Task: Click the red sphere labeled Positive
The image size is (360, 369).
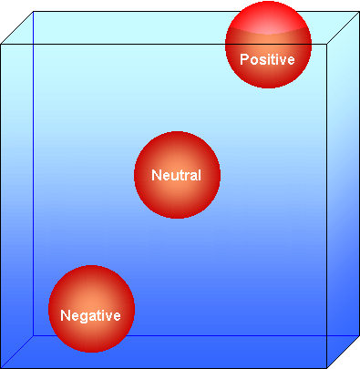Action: tap(268, 46)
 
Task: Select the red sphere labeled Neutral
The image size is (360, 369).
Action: tap(177, 175)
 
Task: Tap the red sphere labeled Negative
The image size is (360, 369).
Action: tap(91, 308)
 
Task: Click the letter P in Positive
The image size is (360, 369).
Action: tap(244, 59)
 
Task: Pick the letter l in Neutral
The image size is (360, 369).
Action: tap(198, 175)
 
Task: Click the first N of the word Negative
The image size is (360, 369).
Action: tap(66, 316)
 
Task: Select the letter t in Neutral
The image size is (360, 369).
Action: tap(178, 175)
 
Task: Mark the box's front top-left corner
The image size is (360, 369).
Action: tap(3, 43)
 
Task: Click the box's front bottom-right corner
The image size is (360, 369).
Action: tap(326, 365)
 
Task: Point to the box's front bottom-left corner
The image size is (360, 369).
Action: tap(3, 365)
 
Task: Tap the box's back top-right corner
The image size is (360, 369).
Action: tap(357, 12)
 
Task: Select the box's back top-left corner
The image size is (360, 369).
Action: tap(34, 12)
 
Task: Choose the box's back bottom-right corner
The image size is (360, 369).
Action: tap(357, 334)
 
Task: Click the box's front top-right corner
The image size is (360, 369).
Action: tap(326, 43)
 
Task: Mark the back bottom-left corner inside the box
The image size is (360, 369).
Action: tap(34, 334)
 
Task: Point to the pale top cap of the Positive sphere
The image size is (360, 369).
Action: tap(268, 20)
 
